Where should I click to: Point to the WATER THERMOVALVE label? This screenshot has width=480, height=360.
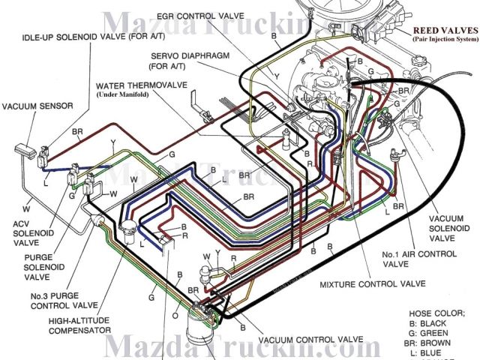[143, 85]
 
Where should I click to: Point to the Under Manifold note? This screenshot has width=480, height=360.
[141, 95]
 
